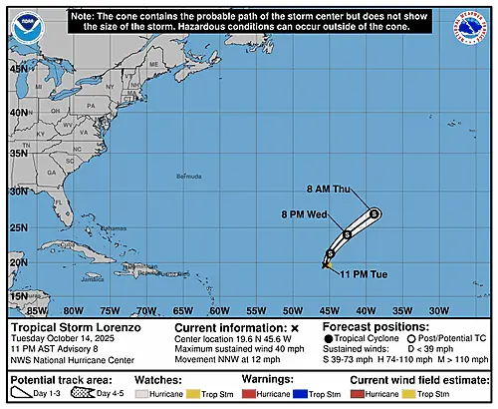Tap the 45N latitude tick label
pos(19,69)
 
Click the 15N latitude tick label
pos(19,296)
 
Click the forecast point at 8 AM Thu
pos(373,212)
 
